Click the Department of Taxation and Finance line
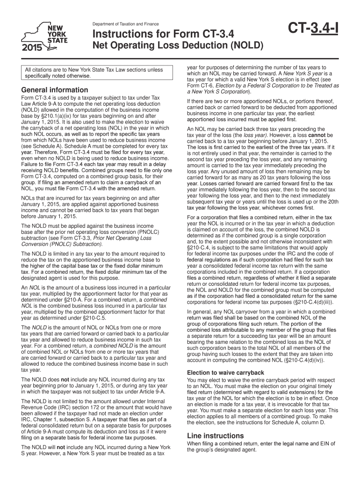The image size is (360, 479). click(125, 24)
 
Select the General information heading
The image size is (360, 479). click(52, 90)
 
